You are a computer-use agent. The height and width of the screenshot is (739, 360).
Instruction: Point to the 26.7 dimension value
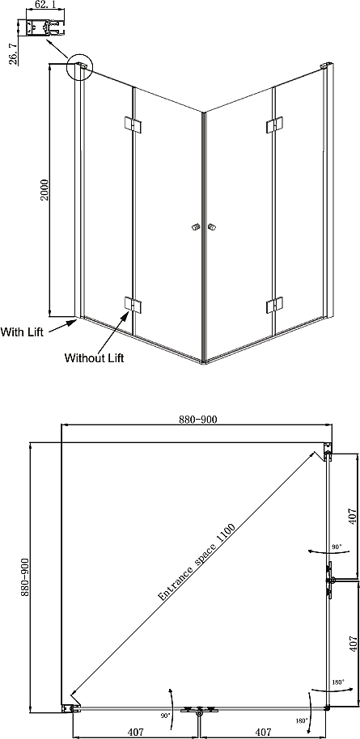(x=13, y=53)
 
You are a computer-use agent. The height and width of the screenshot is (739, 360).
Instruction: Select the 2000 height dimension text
(x=44, y=189)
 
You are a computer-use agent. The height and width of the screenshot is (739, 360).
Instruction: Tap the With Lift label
(x=22, y=331)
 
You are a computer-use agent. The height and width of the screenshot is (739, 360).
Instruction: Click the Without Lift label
(x=94, y=357)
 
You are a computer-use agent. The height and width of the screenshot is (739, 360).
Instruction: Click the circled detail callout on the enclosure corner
(x=80, y=66)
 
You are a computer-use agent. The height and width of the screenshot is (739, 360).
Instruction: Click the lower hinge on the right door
(x=274, y=305)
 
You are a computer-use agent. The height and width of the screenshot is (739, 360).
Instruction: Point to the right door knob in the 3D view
(x=212, y=228)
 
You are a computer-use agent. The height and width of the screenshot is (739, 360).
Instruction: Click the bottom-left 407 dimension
(x=135, y=732)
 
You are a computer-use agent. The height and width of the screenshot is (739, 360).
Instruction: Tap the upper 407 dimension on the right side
(x=350, y=516)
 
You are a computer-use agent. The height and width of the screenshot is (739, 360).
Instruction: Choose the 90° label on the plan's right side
(x=337, y=547)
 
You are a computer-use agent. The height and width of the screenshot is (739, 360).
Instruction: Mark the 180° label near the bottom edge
(x=303, y=720)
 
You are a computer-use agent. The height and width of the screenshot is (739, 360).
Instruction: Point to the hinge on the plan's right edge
(x=330, y=580)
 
